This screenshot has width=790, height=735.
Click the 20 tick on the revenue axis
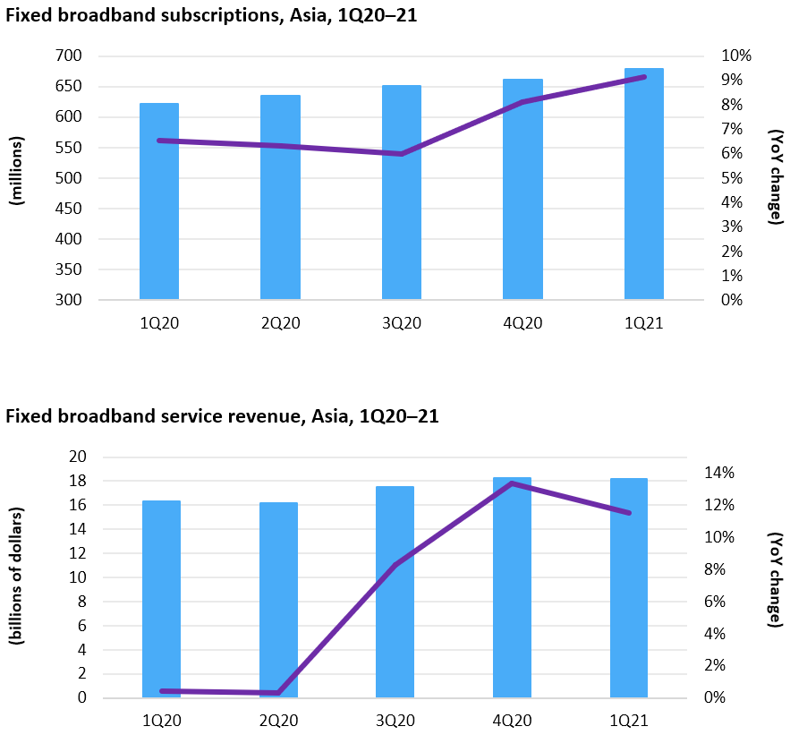click(77, 457)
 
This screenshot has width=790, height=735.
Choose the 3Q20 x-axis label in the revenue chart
click(395, 721)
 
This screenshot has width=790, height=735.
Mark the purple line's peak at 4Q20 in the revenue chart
click(512, 483)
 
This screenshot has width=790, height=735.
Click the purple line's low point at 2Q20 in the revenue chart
click(278, 693)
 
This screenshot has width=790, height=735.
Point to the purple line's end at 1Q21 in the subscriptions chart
click(643, 77)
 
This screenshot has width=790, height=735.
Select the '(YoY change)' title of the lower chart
click(775, 579)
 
